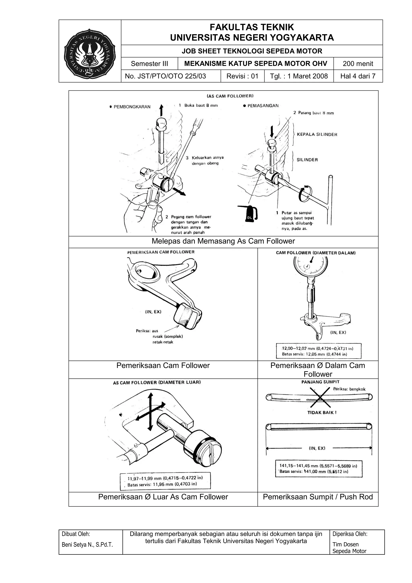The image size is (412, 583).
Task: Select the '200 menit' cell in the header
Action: point(358,64)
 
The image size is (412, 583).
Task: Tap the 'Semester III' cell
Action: point(149,64)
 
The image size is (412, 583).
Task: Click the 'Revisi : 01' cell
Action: point(242,76)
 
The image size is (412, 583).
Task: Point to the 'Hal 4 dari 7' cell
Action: point(358,76)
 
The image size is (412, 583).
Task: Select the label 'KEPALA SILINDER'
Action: point(317,135)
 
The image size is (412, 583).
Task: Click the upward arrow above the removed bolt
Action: point(161,110)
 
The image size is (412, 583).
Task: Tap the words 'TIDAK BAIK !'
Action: point(322,413)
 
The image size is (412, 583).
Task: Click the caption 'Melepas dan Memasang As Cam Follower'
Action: point(223,241)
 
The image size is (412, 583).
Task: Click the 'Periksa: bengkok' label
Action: point(349,389)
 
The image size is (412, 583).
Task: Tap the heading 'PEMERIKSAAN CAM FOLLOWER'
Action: point(161,252)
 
